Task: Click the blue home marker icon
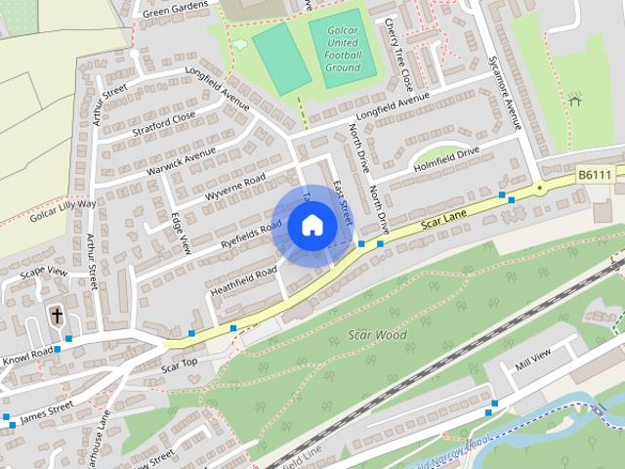311,226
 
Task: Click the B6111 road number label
595,174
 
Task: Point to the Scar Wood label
377,335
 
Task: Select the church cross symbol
57,316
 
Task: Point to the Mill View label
533,358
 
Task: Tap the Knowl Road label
26,353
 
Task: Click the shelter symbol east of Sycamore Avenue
575,99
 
